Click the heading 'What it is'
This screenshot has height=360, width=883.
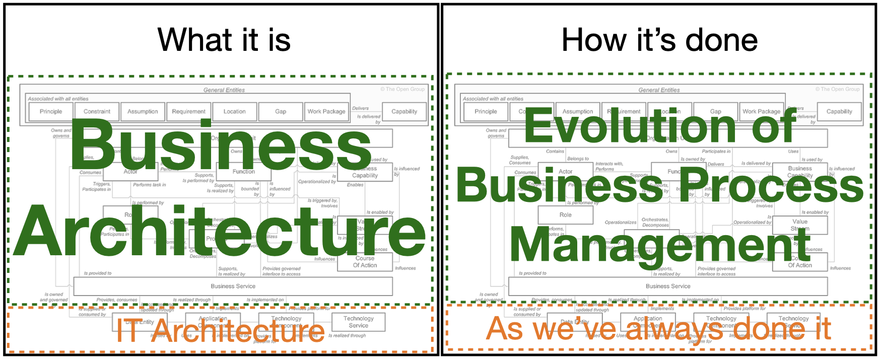point(224,40)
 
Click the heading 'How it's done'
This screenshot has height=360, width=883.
point(659,40)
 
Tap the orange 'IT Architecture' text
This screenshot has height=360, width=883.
point(220,331)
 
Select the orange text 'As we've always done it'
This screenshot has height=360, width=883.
point(658,329)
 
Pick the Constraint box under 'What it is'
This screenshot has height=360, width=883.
point(97,111)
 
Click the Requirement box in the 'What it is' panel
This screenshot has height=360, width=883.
point(188,111)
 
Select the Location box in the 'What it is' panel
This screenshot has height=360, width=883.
point(234,111)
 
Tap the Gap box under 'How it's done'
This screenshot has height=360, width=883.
point(715,111)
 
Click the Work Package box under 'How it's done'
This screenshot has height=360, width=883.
point(761,111)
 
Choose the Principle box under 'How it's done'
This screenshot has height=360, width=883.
point(486,111)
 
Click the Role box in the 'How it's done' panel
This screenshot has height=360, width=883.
point(565,215)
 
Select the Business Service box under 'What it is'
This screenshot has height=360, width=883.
point(233,286)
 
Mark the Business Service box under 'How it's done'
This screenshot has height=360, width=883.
point(668,286)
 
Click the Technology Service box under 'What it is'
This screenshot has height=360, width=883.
point(358,322)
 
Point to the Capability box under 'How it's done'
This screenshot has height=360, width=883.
point(839,111)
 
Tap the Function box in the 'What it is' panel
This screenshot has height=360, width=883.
point(244,172)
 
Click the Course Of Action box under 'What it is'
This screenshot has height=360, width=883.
point(365,262)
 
